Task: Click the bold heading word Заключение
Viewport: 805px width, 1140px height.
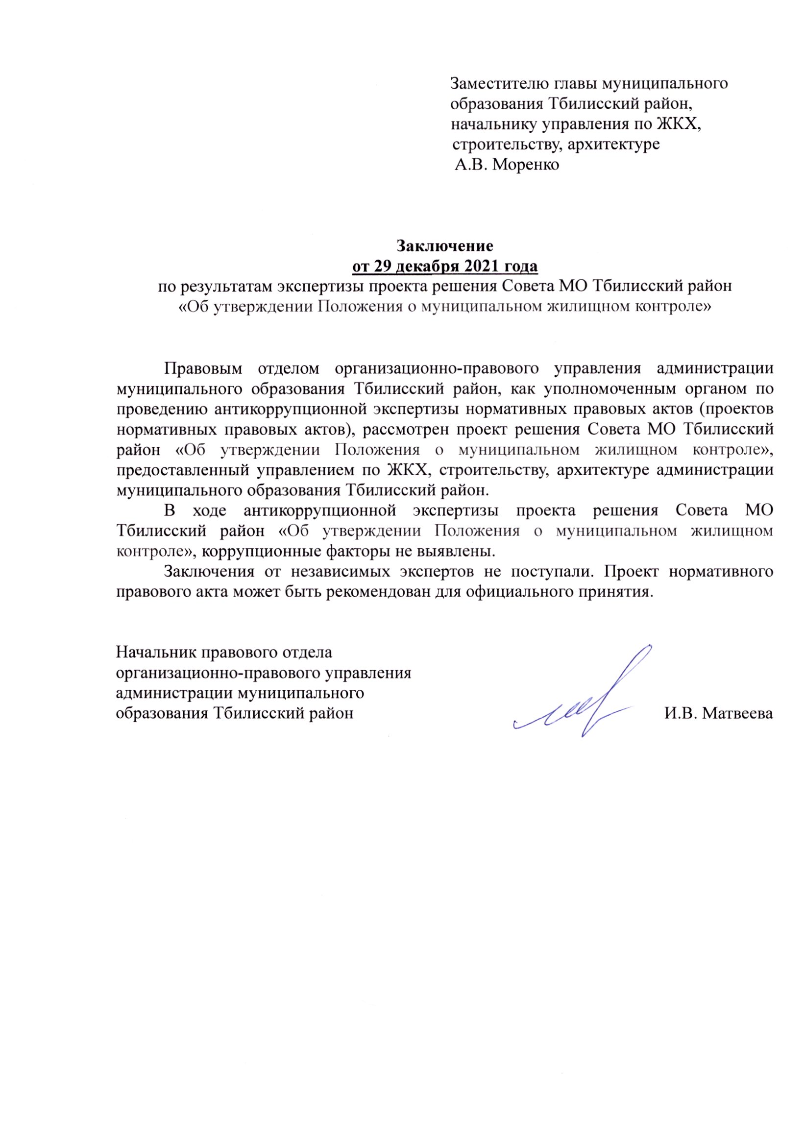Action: click(x=444, y=246)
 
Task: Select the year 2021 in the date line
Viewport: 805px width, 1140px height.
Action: click(x=482, y=267)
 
